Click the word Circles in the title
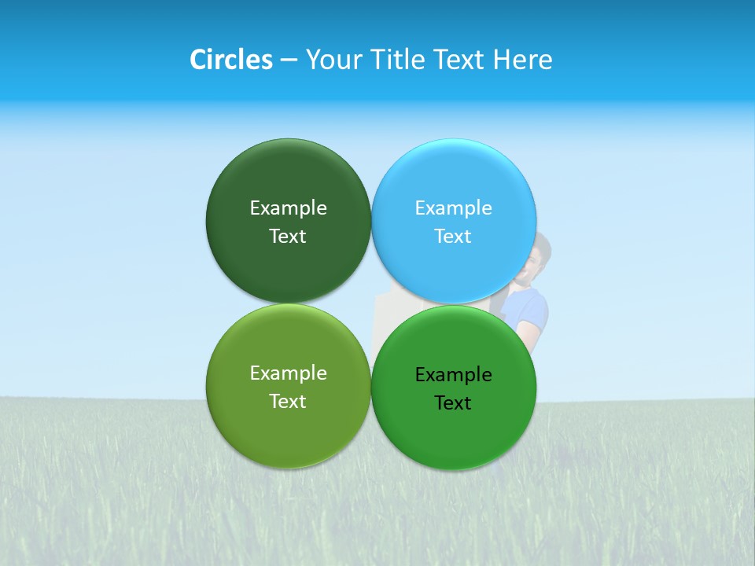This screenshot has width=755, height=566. pos(230,60)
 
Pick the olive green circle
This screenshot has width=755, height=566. pos(288,432)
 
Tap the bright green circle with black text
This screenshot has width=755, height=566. pos(454,436)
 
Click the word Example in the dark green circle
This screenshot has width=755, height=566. pos(288,208)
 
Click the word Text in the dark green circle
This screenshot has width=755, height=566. pos(288,236)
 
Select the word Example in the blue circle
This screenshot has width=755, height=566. pos(454,208)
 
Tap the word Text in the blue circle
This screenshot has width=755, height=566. pos(454,236)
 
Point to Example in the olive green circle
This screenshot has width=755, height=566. pos(288,373)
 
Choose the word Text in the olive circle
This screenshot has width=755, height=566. pos(288,401)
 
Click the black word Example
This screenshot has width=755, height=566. pos(454,374)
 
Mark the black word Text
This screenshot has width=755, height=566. pos(454,402)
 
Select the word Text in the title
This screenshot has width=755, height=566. pos(462,60)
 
